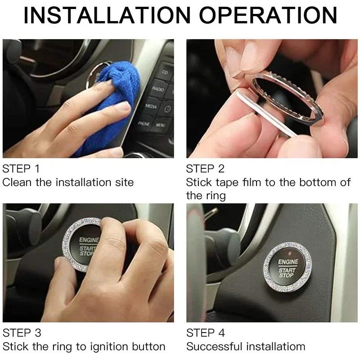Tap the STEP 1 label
pyautogui.click(x=21, y=169)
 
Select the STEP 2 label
pyautogui.click(x=205, y=169)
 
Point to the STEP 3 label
pyautogui.click(x=21, y=333)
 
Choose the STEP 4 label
pyautogui.click(x=205, y=333)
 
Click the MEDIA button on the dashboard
pyautogui.click(x=151, y=107)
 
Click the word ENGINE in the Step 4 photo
pyautogui.click(x=288, y=261)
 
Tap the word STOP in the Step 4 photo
pyautogui.click(x=286, y=275)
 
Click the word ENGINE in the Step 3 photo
pyautogui.click(x=89, y=240)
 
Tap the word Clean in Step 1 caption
pyautogui.click(x=17, y=182)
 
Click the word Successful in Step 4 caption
pyautogui.click(x=215, y=346)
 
